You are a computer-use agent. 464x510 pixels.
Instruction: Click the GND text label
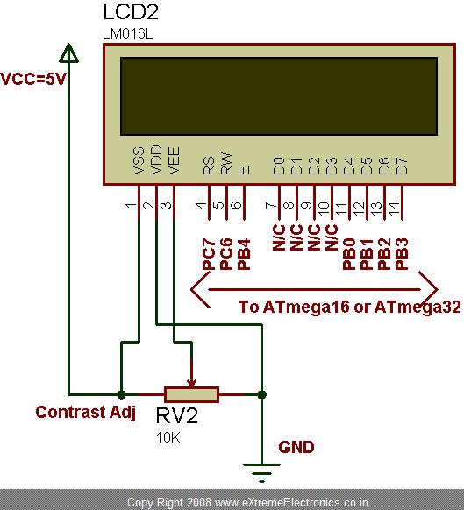click(x=296, y=447)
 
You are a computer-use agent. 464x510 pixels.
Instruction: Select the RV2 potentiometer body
click(x=191, y=394)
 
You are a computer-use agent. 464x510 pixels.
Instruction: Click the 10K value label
click(x=168, y=437)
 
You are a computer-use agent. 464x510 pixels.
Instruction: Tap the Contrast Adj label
click(x=85, y=412)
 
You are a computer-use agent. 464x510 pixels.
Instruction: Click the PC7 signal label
click(x=208, y=253)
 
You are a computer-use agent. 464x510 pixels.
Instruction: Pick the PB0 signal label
click(x=349, y=253)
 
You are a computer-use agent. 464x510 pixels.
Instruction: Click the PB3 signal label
click(x=401, y=253)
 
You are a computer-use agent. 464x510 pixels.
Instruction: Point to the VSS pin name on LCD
click(x=139, y=167)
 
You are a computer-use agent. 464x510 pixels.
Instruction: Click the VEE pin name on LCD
click(x=174, y=167)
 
